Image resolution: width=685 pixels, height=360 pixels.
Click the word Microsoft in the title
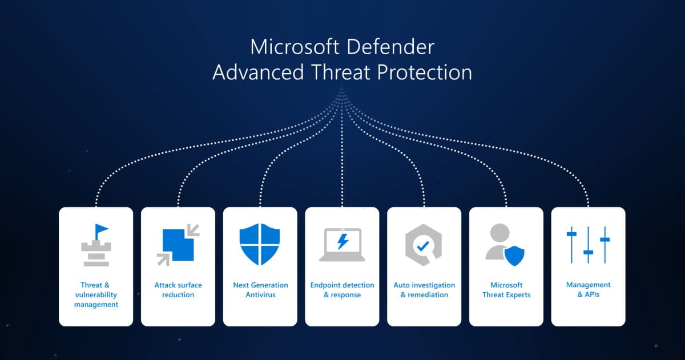point(296,46)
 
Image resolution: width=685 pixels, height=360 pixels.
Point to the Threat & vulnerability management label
point(96,294)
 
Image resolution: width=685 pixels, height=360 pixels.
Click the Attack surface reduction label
point(178,290)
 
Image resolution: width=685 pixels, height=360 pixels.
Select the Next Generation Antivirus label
point(260,290)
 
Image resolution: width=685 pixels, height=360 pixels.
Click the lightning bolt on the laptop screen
point(342,242)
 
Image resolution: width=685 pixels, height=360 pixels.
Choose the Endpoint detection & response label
point(342,290)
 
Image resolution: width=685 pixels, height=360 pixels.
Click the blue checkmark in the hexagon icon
point(423,246)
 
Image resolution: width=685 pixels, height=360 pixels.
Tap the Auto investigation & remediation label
point(424,290)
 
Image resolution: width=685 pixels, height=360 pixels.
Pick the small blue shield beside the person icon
point(514,256)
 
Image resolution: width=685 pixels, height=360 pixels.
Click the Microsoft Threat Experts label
point(506,290)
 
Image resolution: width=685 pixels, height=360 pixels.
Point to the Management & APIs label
point(589,289)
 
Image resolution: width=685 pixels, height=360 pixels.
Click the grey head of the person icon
point(499,233)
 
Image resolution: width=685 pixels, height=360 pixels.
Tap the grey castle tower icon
point(95,252)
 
